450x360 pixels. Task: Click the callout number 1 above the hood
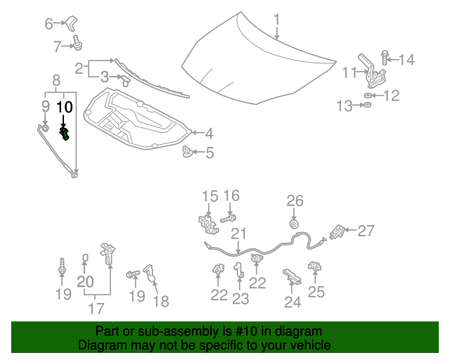tap(277, 19)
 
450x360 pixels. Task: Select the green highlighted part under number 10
tap(65, 133)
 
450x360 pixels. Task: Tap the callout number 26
tap(294, 201)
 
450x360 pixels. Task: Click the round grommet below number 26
tap(294, 224)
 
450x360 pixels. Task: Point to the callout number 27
tap(366, 230)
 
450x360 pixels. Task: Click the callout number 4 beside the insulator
tap(209, 132)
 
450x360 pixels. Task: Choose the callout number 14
tap(406, 60)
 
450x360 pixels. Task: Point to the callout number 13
tap(344, 106)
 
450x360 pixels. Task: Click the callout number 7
tap(58, 47)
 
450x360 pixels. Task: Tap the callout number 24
tap(292, 302)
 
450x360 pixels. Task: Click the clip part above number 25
tap(314, 267)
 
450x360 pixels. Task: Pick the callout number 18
tap(161, 301)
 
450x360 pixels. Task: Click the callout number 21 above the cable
tap(239, 234)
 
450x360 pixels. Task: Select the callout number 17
tap(96, 308)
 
